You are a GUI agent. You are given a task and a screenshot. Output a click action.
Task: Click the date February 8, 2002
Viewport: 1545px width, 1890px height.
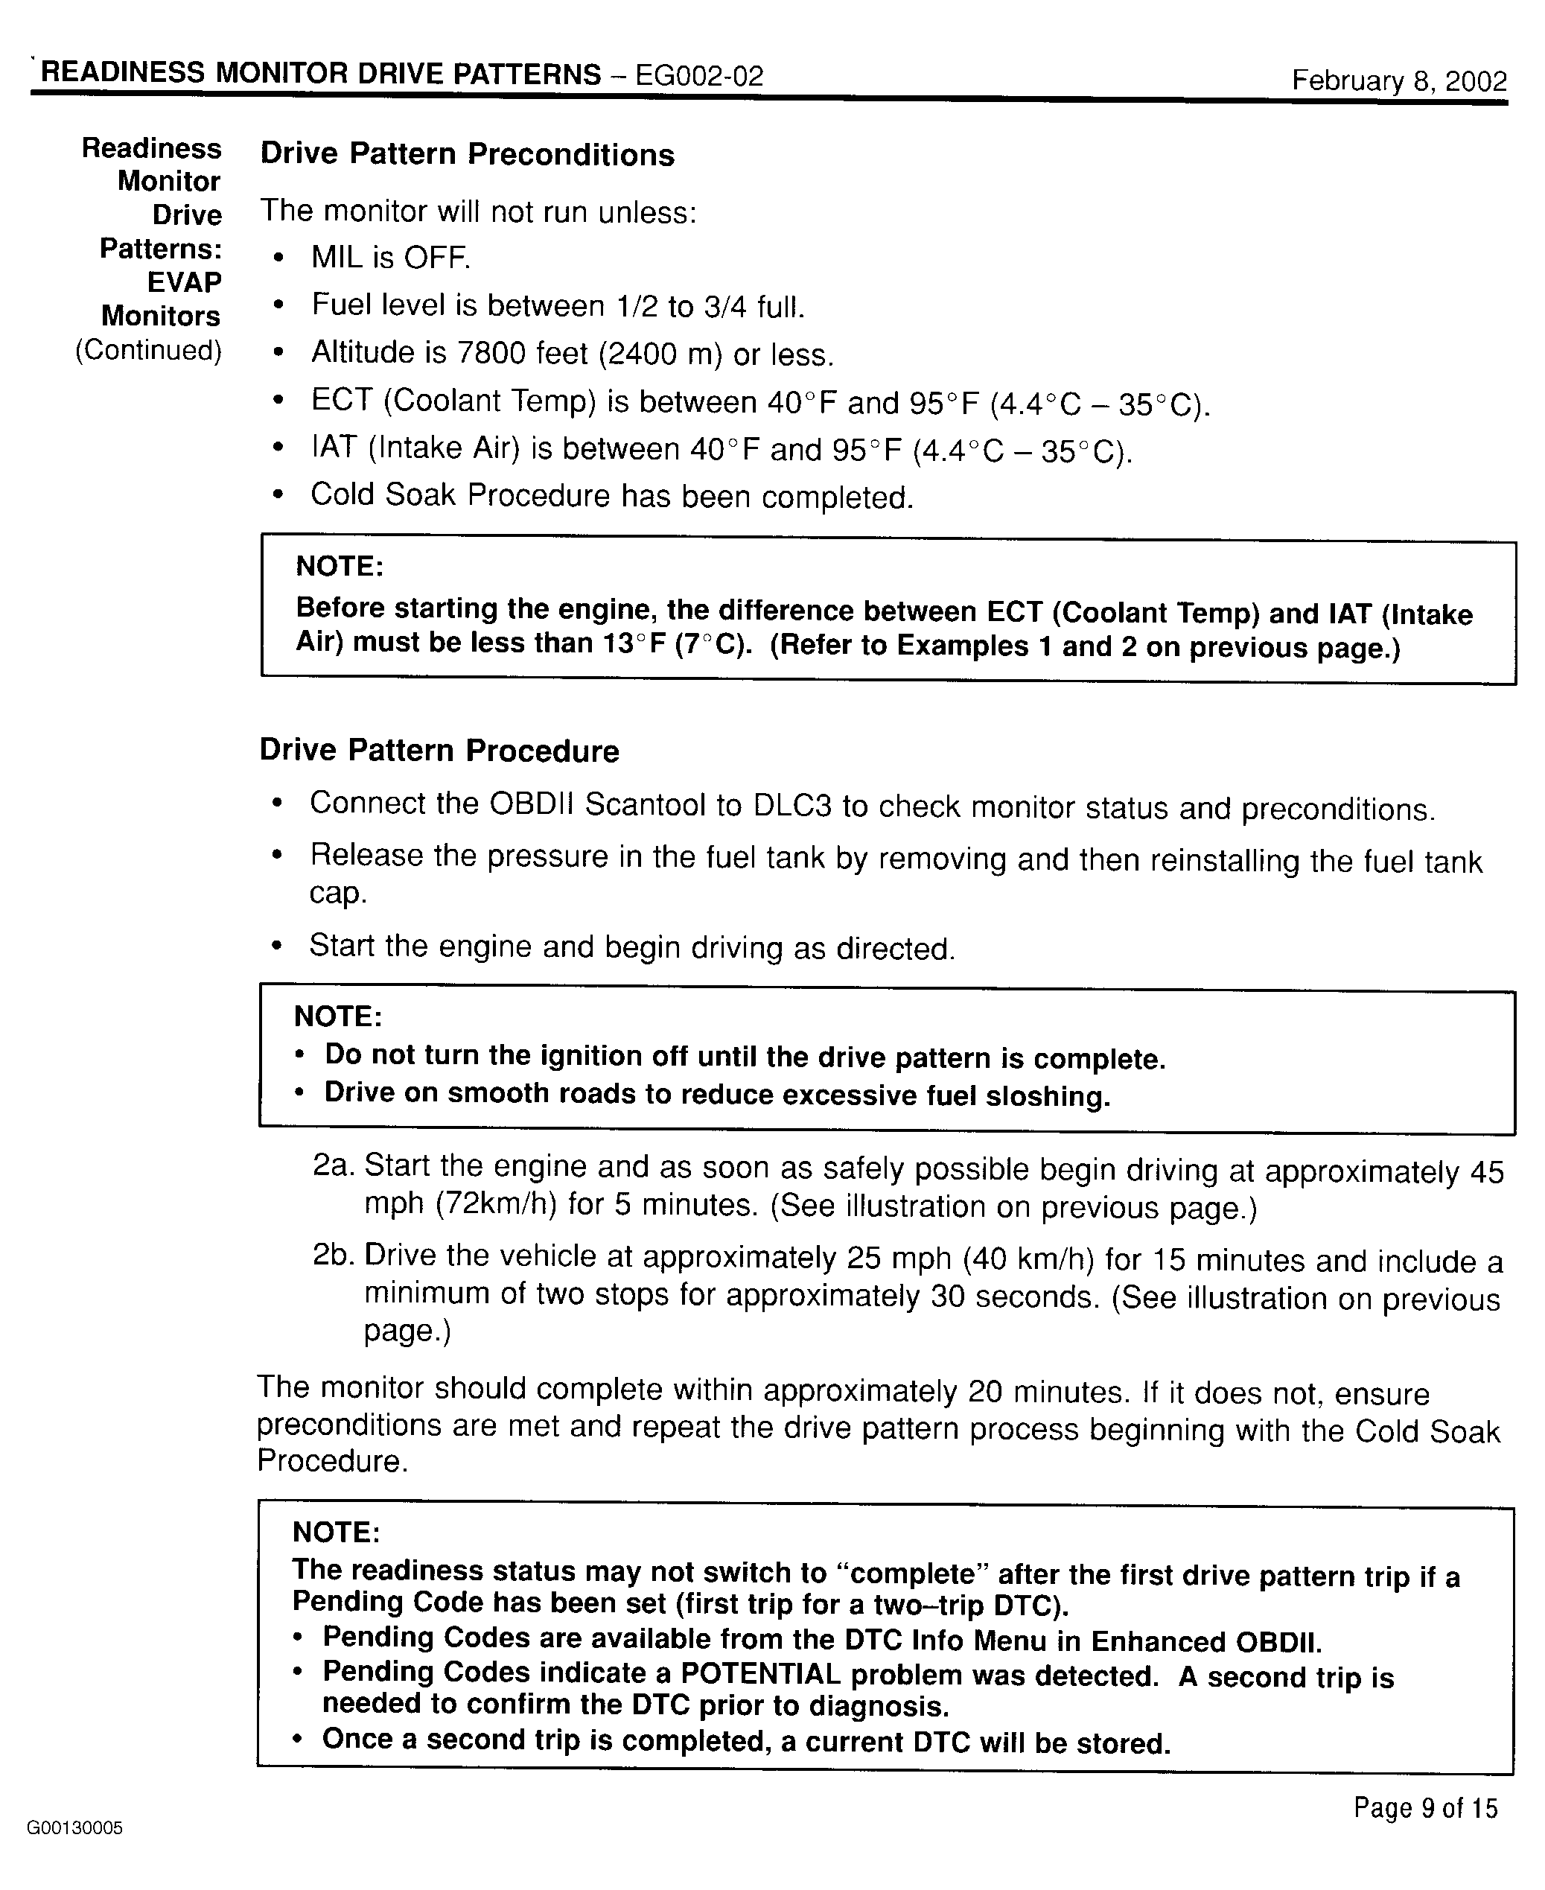(1399, 81)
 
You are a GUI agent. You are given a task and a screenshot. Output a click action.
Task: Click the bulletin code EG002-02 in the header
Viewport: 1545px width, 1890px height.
(698, 76)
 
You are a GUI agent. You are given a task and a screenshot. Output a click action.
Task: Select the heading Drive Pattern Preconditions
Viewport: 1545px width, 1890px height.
(468, 154)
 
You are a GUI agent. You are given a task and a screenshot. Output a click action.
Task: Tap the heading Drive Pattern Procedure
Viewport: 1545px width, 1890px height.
(439, 751)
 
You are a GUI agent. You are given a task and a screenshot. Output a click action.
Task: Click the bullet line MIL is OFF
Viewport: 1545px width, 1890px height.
(390, 258)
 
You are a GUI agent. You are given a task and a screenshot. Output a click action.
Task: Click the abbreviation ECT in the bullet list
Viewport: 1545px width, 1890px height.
(341, 401)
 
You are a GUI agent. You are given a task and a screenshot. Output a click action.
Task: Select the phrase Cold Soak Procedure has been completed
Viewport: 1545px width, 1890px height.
(611, 496)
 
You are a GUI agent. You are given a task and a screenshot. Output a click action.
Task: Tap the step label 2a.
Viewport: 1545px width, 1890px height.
(333, 1165)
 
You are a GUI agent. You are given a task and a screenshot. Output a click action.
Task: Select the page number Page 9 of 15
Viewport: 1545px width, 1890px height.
(1426, 1807)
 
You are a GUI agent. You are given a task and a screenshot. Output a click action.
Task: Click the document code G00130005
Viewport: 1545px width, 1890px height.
(74, 1827)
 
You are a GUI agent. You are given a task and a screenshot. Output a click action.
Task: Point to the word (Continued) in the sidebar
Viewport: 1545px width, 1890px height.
(147, 350)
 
